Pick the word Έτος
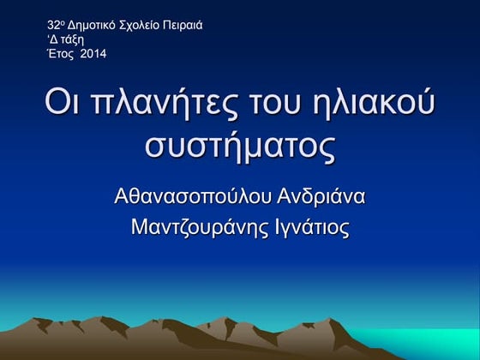tap(60, 55)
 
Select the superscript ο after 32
tap(63, 22)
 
